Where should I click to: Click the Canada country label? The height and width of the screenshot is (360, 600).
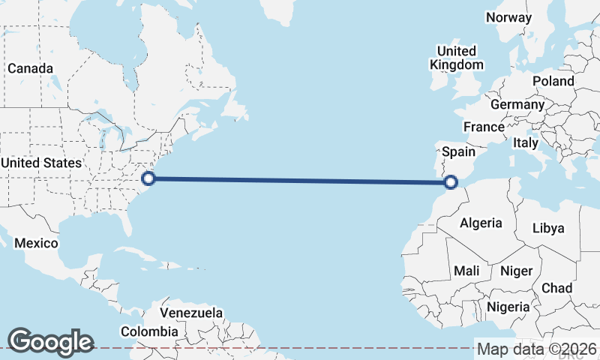click(x=30, y=68)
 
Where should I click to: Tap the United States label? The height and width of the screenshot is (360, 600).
click(x=40, y=163)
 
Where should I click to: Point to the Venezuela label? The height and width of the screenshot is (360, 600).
click(x=192, y=312)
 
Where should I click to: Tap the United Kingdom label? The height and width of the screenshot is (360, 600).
click(x=456, y=58)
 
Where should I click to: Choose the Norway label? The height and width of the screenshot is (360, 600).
click(x=508, y=17)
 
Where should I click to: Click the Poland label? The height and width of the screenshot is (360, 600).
click(x=553, y=81)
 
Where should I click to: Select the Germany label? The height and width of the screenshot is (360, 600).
click(x=517, y=104)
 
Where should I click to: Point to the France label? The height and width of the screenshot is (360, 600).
click(x=483, y=127)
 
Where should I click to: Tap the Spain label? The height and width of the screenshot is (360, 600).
click(x=458, y=151)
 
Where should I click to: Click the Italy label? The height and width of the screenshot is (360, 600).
click(x=526, y=142)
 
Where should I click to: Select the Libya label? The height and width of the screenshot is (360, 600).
click(x=548, y=228)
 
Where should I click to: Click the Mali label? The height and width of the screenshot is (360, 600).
click(x=466, y=271)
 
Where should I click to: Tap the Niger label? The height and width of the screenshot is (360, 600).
click(x=515, y=271)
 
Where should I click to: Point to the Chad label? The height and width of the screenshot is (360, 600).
click(x=556, y=288)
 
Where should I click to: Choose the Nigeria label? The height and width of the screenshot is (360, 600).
click(x=508, y=307)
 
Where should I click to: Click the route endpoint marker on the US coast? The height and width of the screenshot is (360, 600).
click(x=148, y=178)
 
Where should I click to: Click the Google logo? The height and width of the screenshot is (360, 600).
click(x=50, y=341)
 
